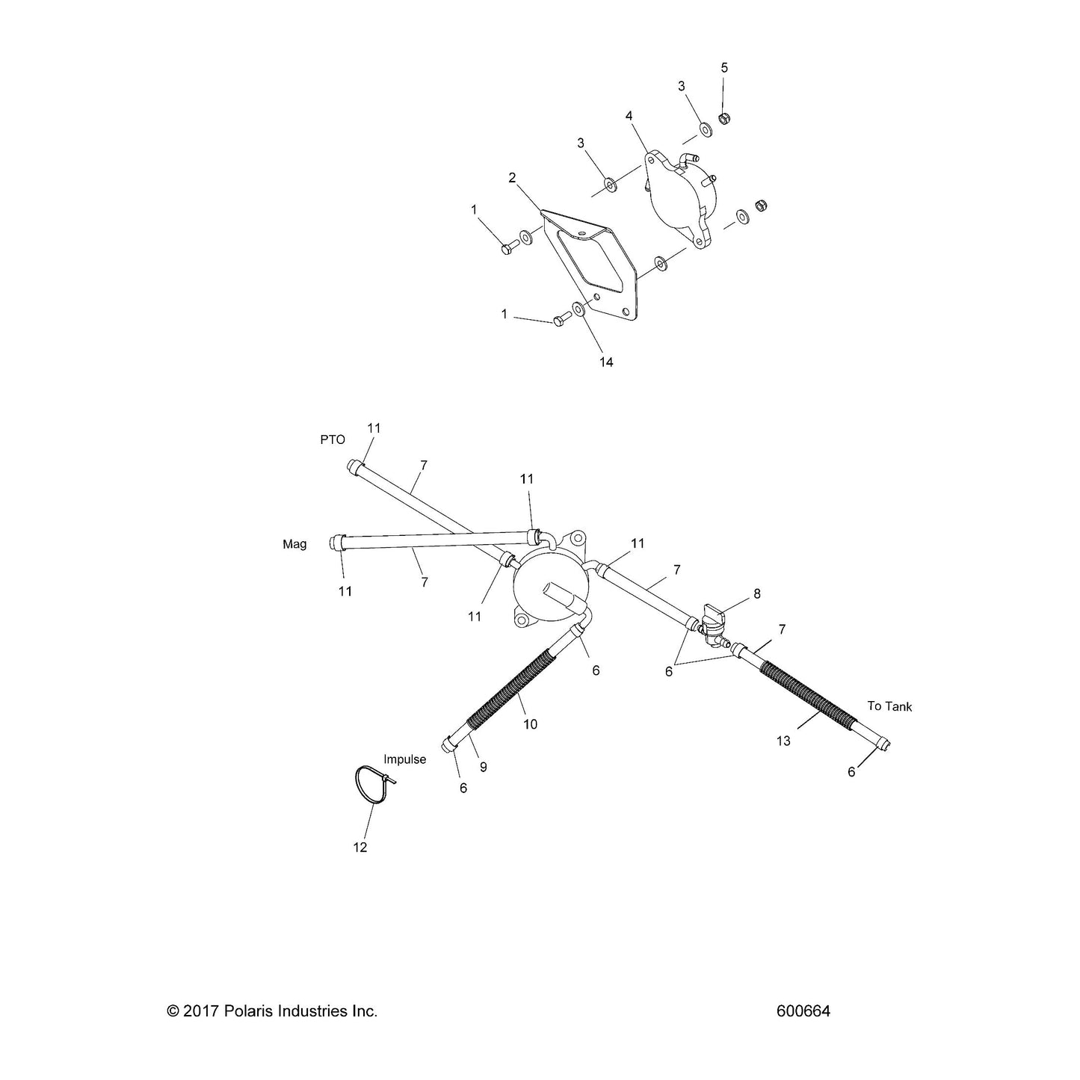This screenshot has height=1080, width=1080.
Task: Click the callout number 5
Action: coord(724,68)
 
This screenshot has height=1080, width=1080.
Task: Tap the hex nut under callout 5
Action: coord(723,118)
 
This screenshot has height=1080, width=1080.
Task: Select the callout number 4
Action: coord(629,116)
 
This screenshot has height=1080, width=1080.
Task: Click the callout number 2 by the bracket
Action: coord(512,178)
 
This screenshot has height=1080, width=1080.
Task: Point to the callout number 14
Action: coord(606,362)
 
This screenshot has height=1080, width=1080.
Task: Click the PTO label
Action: coord(333,440)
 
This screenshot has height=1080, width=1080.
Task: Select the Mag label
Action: coord(294,544)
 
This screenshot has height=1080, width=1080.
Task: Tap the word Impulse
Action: coord(404,759)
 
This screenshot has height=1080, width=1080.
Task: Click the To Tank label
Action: coord(889,706)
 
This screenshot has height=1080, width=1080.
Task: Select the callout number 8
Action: coord(756,593)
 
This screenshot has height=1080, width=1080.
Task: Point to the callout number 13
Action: coord(783,741)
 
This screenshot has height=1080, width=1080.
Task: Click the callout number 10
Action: coord(530,724)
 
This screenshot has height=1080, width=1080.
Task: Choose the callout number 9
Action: coord(483,768)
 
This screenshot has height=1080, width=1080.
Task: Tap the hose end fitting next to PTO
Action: coord(355,467)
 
